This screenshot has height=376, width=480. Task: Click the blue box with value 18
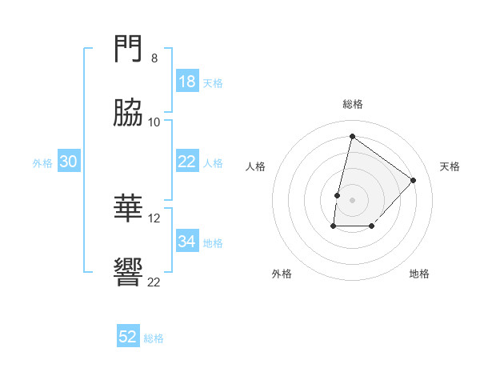pos(186,82)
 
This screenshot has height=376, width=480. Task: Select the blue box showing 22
pos(186,162)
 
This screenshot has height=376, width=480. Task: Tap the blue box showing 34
pos(186,242)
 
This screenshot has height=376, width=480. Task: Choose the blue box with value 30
pos(68,162)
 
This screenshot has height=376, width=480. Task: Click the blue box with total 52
pos(128,337)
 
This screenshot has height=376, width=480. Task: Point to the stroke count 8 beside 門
pos(154,58)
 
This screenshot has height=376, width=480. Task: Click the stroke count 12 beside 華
pos(154,218)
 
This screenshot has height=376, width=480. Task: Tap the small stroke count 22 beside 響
pos(154,282)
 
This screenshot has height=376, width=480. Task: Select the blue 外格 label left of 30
pos(42,163)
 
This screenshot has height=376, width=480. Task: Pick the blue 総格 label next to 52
pos(154,338)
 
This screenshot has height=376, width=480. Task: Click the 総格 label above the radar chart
pos(352,105)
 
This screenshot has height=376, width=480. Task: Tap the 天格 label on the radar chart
pos(450,166)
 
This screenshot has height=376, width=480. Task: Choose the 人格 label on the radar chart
pos(255,166)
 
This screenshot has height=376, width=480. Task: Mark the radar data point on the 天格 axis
pos(414,180)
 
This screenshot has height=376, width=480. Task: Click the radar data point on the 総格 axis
pos(352,136)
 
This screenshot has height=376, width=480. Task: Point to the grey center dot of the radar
pos(352,200)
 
